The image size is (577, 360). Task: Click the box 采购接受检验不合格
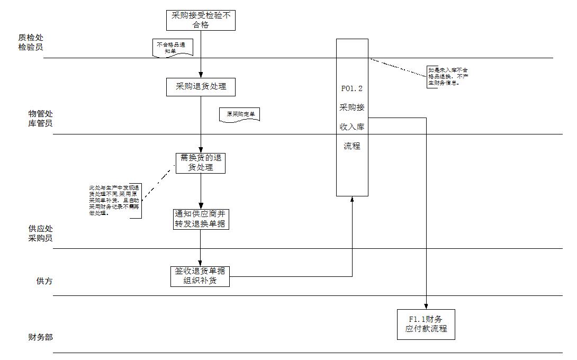[201, 20]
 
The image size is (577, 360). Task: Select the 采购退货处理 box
[201, 87]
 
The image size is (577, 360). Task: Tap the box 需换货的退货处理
[201, 163]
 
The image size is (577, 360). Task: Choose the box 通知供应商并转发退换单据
[201, 220]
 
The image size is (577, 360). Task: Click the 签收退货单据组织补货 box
[201, 276]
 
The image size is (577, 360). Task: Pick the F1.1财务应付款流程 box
[426, 324]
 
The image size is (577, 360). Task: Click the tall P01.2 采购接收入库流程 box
[352, 117]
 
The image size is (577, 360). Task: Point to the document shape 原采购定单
[240, 114]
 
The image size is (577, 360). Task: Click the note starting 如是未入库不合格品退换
[447, 76]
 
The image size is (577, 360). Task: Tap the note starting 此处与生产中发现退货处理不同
[114, 201]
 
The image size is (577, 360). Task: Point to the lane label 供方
[44, 281]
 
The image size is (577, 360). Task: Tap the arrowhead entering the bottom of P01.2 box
[352, 199]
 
